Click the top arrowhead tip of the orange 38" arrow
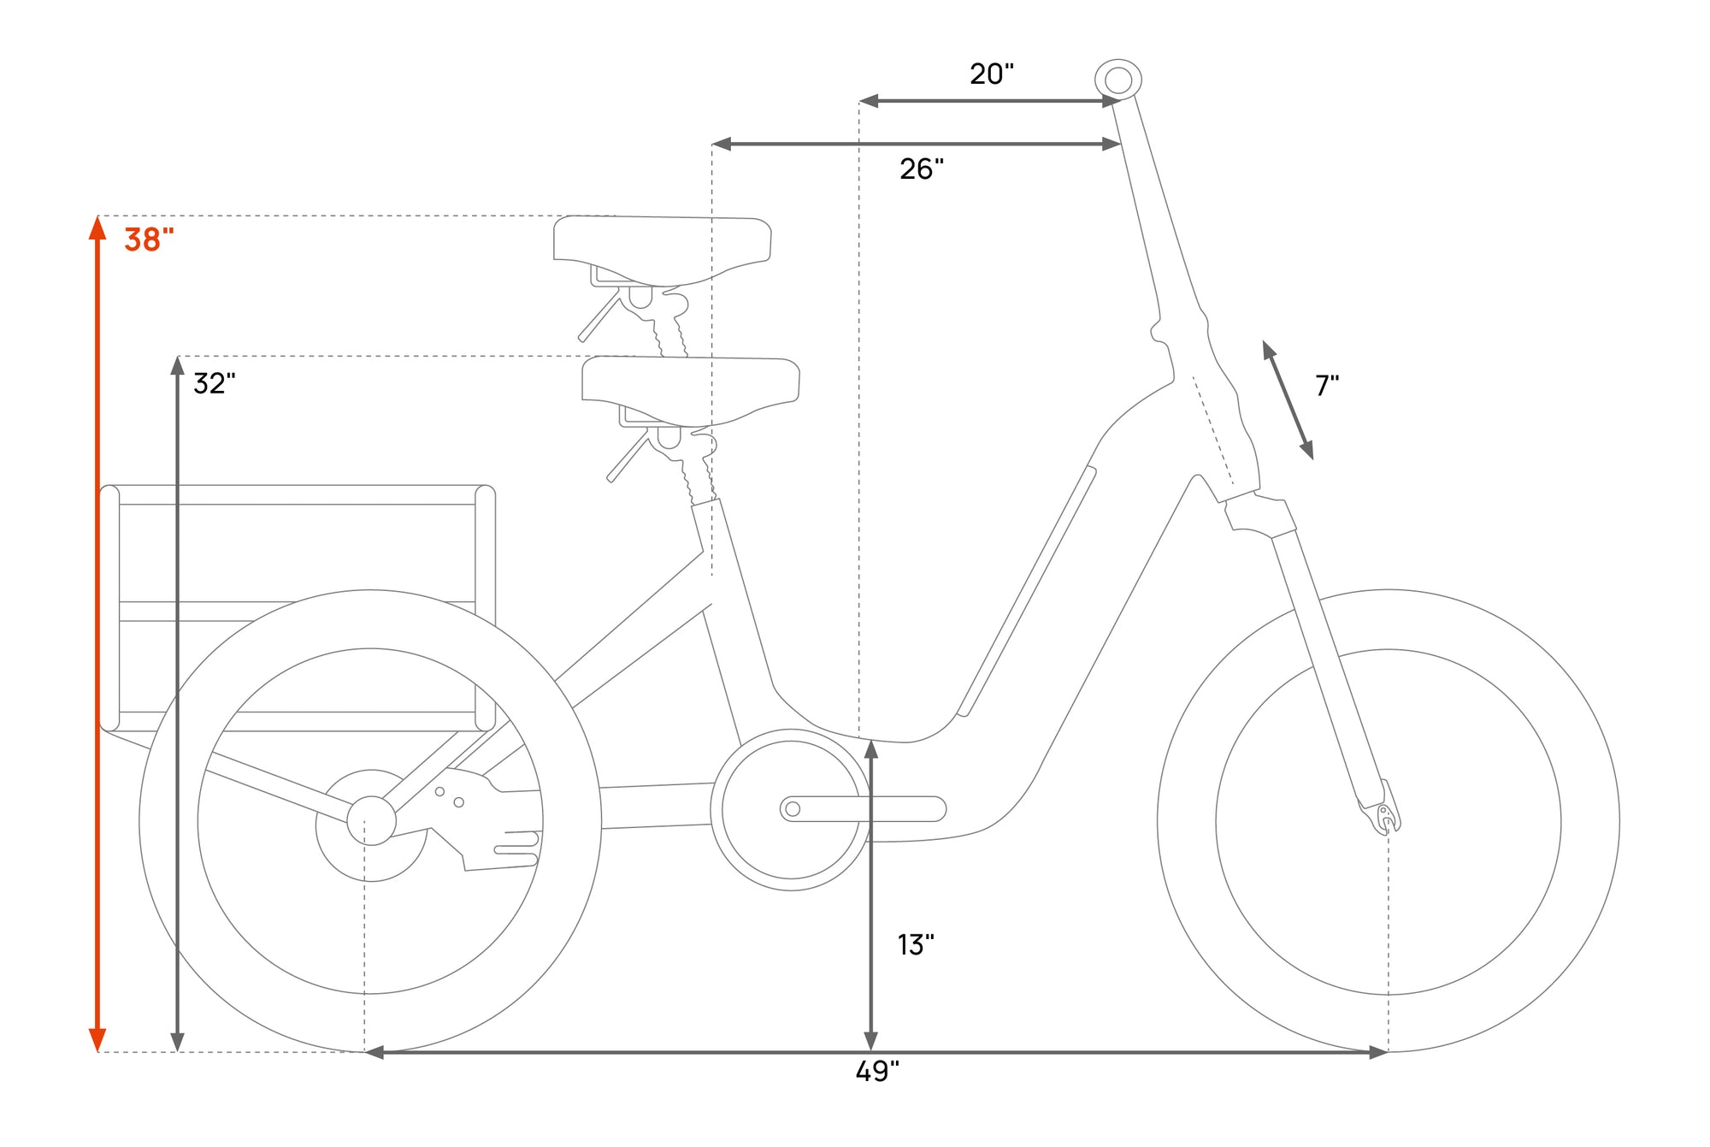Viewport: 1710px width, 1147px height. [x=97, y=216]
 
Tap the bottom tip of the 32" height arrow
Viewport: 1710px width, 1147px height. [x=177, y=1051]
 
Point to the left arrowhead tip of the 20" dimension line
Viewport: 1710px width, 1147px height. [x=859, y=101]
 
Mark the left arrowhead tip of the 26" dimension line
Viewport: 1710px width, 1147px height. [x=712, y=144]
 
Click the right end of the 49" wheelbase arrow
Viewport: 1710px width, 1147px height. [x=1388, y=1052]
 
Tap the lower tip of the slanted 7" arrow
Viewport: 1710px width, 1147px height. [x=1312, y=459]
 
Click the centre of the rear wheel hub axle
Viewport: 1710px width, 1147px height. [x=371, y=820]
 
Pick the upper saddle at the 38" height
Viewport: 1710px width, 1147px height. [x=663, y=249]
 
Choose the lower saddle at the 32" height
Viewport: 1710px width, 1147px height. [x=691, y=389]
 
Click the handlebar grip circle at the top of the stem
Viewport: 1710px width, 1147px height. [x=1118, y=80]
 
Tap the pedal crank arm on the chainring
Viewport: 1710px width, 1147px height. [x=863, y=808]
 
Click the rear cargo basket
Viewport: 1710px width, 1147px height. [x=298, y=608]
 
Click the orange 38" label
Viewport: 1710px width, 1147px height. [x=149, y=239]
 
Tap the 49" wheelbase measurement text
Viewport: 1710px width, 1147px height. [x=877, y=1071]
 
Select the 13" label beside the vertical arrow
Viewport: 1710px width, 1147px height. [x=916, y=944]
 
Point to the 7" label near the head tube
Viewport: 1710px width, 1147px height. [x=1327, y=385]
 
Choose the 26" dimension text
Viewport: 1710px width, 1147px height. [x=922, y=169]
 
